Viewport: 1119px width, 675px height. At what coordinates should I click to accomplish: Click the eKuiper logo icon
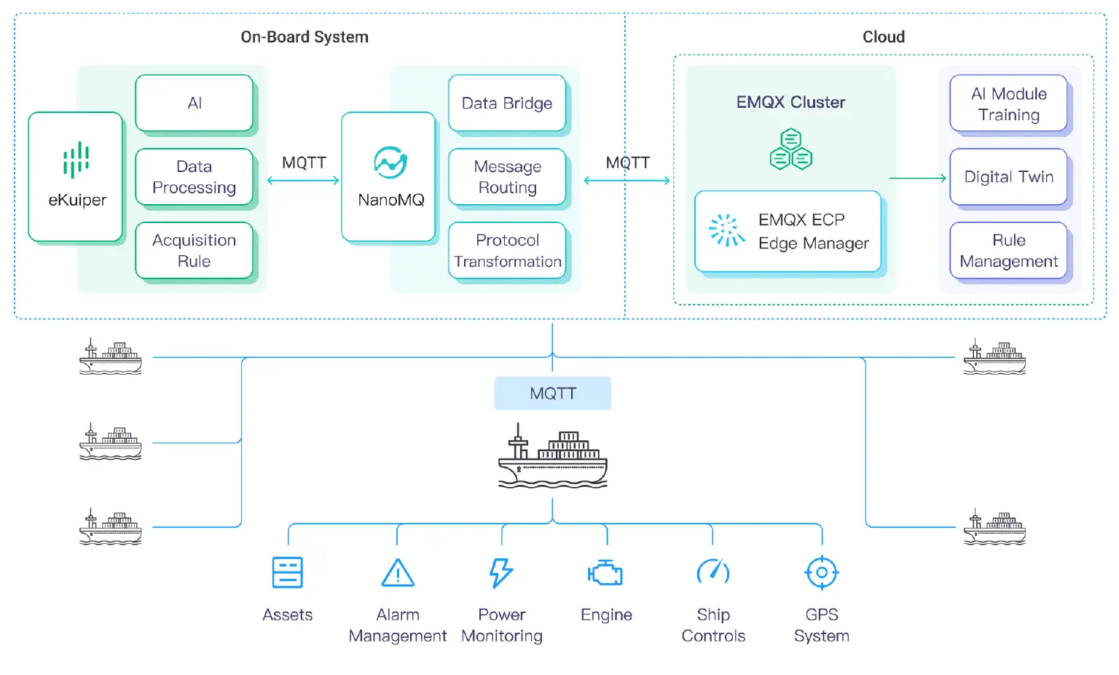76,160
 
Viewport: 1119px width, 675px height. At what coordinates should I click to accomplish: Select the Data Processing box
194,177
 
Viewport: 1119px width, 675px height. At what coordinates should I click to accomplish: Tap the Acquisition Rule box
194,251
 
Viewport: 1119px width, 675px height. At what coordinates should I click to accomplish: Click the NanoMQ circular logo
390,163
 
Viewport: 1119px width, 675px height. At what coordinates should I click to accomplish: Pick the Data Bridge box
507,104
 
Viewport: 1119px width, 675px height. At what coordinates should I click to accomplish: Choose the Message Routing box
507,177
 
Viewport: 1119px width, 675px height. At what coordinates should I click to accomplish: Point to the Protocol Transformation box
507,251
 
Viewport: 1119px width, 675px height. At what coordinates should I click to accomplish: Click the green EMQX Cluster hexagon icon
791,150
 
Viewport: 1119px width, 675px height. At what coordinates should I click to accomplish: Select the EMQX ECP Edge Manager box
788,232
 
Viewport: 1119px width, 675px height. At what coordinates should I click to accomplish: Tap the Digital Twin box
1008,177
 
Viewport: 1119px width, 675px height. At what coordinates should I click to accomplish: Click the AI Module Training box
1008,104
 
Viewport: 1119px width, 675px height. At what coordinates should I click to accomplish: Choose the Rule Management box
1008,251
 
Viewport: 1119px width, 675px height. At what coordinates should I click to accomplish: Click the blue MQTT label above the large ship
553,394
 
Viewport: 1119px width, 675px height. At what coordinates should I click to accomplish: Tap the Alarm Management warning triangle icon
398,574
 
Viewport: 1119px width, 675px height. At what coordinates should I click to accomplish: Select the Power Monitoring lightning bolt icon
501,573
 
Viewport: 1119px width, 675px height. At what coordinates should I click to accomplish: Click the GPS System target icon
822,573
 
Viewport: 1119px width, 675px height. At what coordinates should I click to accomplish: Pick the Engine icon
606,574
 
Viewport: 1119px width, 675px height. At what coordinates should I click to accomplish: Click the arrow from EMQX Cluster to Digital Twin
918,178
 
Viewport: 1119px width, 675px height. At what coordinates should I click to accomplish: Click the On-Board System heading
305,37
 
